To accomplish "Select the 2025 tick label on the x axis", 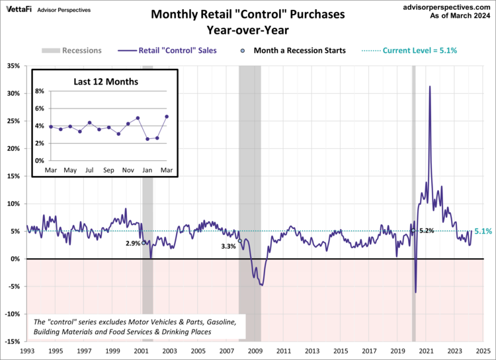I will (x=483, y=350).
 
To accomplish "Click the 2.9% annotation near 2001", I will (x=133, y=244).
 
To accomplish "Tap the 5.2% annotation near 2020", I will (x=427, y=231).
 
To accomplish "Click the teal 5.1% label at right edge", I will (x=483, y=232).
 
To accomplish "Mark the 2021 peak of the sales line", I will (x=430, y=86).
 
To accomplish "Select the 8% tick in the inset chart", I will (x=40, y=91).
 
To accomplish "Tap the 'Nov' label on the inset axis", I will (x=128, y=171).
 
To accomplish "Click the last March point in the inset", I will (x=167, y=116).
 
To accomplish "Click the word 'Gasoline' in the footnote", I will (x=217, y=320).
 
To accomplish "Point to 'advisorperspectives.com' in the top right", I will (x=446, y=6).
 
